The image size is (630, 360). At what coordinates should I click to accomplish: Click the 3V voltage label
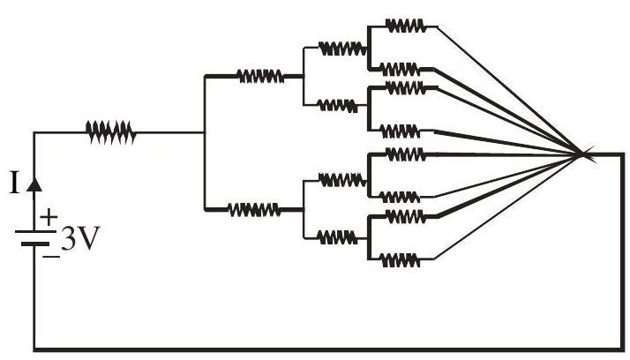click(x=80, y=239)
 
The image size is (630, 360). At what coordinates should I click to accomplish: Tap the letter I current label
click(x=14, y=183)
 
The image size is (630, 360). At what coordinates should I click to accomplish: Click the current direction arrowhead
click(x=34, y=184)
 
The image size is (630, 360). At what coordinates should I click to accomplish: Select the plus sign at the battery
click(x=49, y=217)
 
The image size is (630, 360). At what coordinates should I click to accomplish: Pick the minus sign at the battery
click(x=51, y=257)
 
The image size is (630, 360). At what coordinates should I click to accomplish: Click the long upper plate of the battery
click(x=35, y=232)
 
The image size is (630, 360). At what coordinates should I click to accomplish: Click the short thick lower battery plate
click(x=35, y=244)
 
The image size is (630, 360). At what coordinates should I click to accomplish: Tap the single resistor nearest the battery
click(x=111, y=132)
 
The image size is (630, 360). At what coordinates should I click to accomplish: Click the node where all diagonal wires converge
click(x=581, y=154)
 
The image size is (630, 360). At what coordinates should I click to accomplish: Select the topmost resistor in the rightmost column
click(x=406, y=26)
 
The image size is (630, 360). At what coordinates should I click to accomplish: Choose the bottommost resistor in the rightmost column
click(x=401, y=260)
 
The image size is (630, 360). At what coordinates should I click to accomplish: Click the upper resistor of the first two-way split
click(x=260, y=76)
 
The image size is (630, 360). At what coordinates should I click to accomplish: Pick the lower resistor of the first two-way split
click(x=254, y=209)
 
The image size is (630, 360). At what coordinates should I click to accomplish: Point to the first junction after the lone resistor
click(x=205, y=132)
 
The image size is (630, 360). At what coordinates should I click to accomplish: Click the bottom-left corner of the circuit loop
click(x=34, y=349)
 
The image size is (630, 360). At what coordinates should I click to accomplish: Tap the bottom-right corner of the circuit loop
click(x=623, y=349)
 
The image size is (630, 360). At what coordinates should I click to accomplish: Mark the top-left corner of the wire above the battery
click(x=34, y=132)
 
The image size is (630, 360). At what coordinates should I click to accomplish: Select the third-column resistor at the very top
click(x=342, y=49)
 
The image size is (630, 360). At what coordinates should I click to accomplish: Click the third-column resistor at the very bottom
click(x=337, y=237)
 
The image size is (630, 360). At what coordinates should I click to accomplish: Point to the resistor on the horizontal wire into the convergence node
click(x=406, y=154)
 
